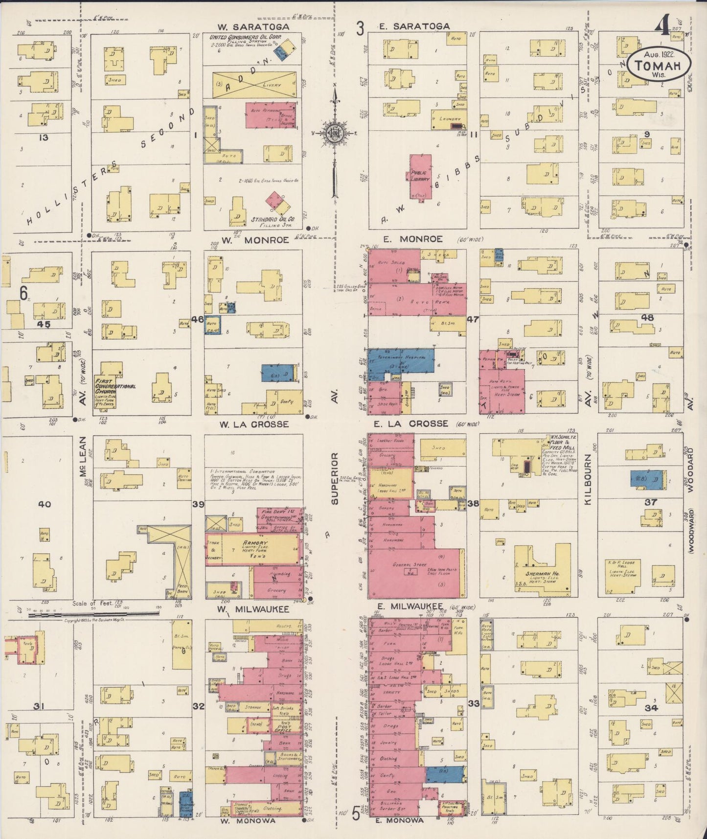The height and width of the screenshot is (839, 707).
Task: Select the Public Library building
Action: coord(420,176)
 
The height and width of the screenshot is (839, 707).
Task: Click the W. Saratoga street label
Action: coord(254,26)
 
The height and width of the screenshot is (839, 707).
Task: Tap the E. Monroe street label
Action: coord(413,239)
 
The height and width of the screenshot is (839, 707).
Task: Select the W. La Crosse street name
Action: coord(254,424)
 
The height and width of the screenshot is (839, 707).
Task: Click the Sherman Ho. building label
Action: coord(543,573)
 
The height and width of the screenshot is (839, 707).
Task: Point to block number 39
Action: coord(198,504)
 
